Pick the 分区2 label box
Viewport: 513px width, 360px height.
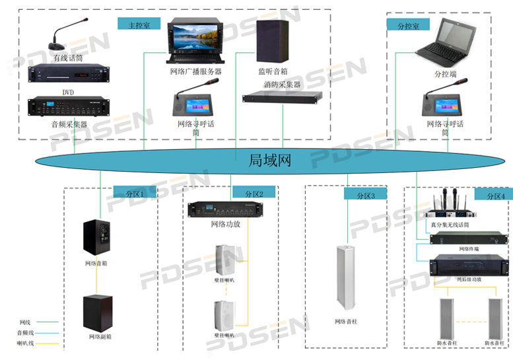pos(254,193)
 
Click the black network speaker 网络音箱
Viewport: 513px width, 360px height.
pos(98,237)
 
